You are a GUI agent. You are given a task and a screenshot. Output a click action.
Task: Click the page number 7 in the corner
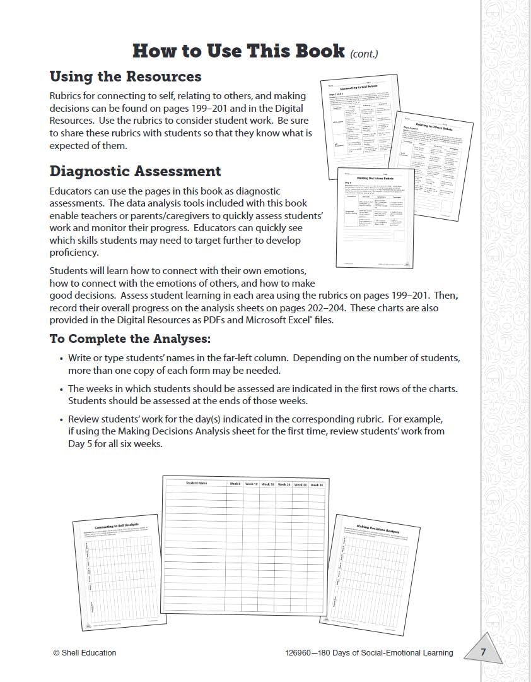pyautogui.click(x=483, y=652)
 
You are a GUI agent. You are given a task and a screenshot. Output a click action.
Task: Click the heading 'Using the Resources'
pyautogui.click(x=125, y=76)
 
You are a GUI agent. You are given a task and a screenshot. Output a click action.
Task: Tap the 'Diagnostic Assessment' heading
pyautogui.click(x=135, y=171)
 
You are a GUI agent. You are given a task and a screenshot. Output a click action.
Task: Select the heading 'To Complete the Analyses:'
pyautogui.click(x=130, y=338)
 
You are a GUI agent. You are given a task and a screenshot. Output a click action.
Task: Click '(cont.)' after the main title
pyautogui.click(x=364, y=54)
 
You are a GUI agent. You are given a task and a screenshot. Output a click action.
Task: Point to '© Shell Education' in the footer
pyautogui.click(x=85, y=653)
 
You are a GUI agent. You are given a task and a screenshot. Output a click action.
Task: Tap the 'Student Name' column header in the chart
pyautogui.click(x=196, y=483)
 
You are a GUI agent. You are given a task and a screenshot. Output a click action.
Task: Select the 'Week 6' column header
pyautogui.click(x=235, y=484)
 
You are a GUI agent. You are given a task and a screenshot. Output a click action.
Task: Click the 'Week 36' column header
pyautogui.click(x=317, y=485)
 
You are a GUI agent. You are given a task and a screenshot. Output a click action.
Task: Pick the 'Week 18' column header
pyautogui.click(x=267, y=484)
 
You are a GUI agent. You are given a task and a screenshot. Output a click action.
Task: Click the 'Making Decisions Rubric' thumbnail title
pyautogui.click(x=376, y=179)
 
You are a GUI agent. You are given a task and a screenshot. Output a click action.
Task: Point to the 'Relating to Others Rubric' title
pyautogui.click(x=435, y=128)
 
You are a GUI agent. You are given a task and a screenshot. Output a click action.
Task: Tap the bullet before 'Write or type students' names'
pyautogui.click(x=62, y=358)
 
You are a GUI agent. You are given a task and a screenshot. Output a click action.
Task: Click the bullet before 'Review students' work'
pyautogui.click(x=62, y=419)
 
